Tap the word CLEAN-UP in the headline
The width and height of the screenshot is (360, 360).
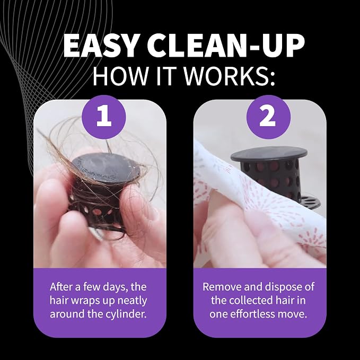[x=226, y=46]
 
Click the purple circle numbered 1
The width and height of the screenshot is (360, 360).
[x=104, y=117]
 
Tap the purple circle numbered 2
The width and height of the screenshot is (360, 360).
[x=268, y=117]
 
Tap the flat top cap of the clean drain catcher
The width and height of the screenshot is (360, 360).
[x=269, y=154]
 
